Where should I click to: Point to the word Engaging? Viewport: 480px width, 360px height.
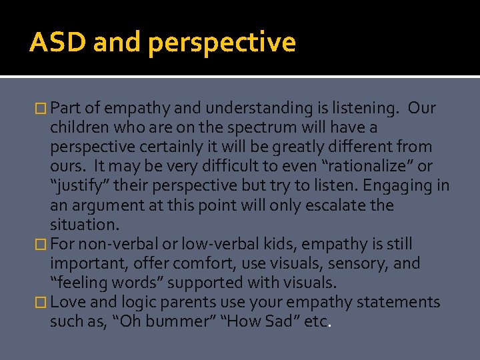click(x=409, y=185)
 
